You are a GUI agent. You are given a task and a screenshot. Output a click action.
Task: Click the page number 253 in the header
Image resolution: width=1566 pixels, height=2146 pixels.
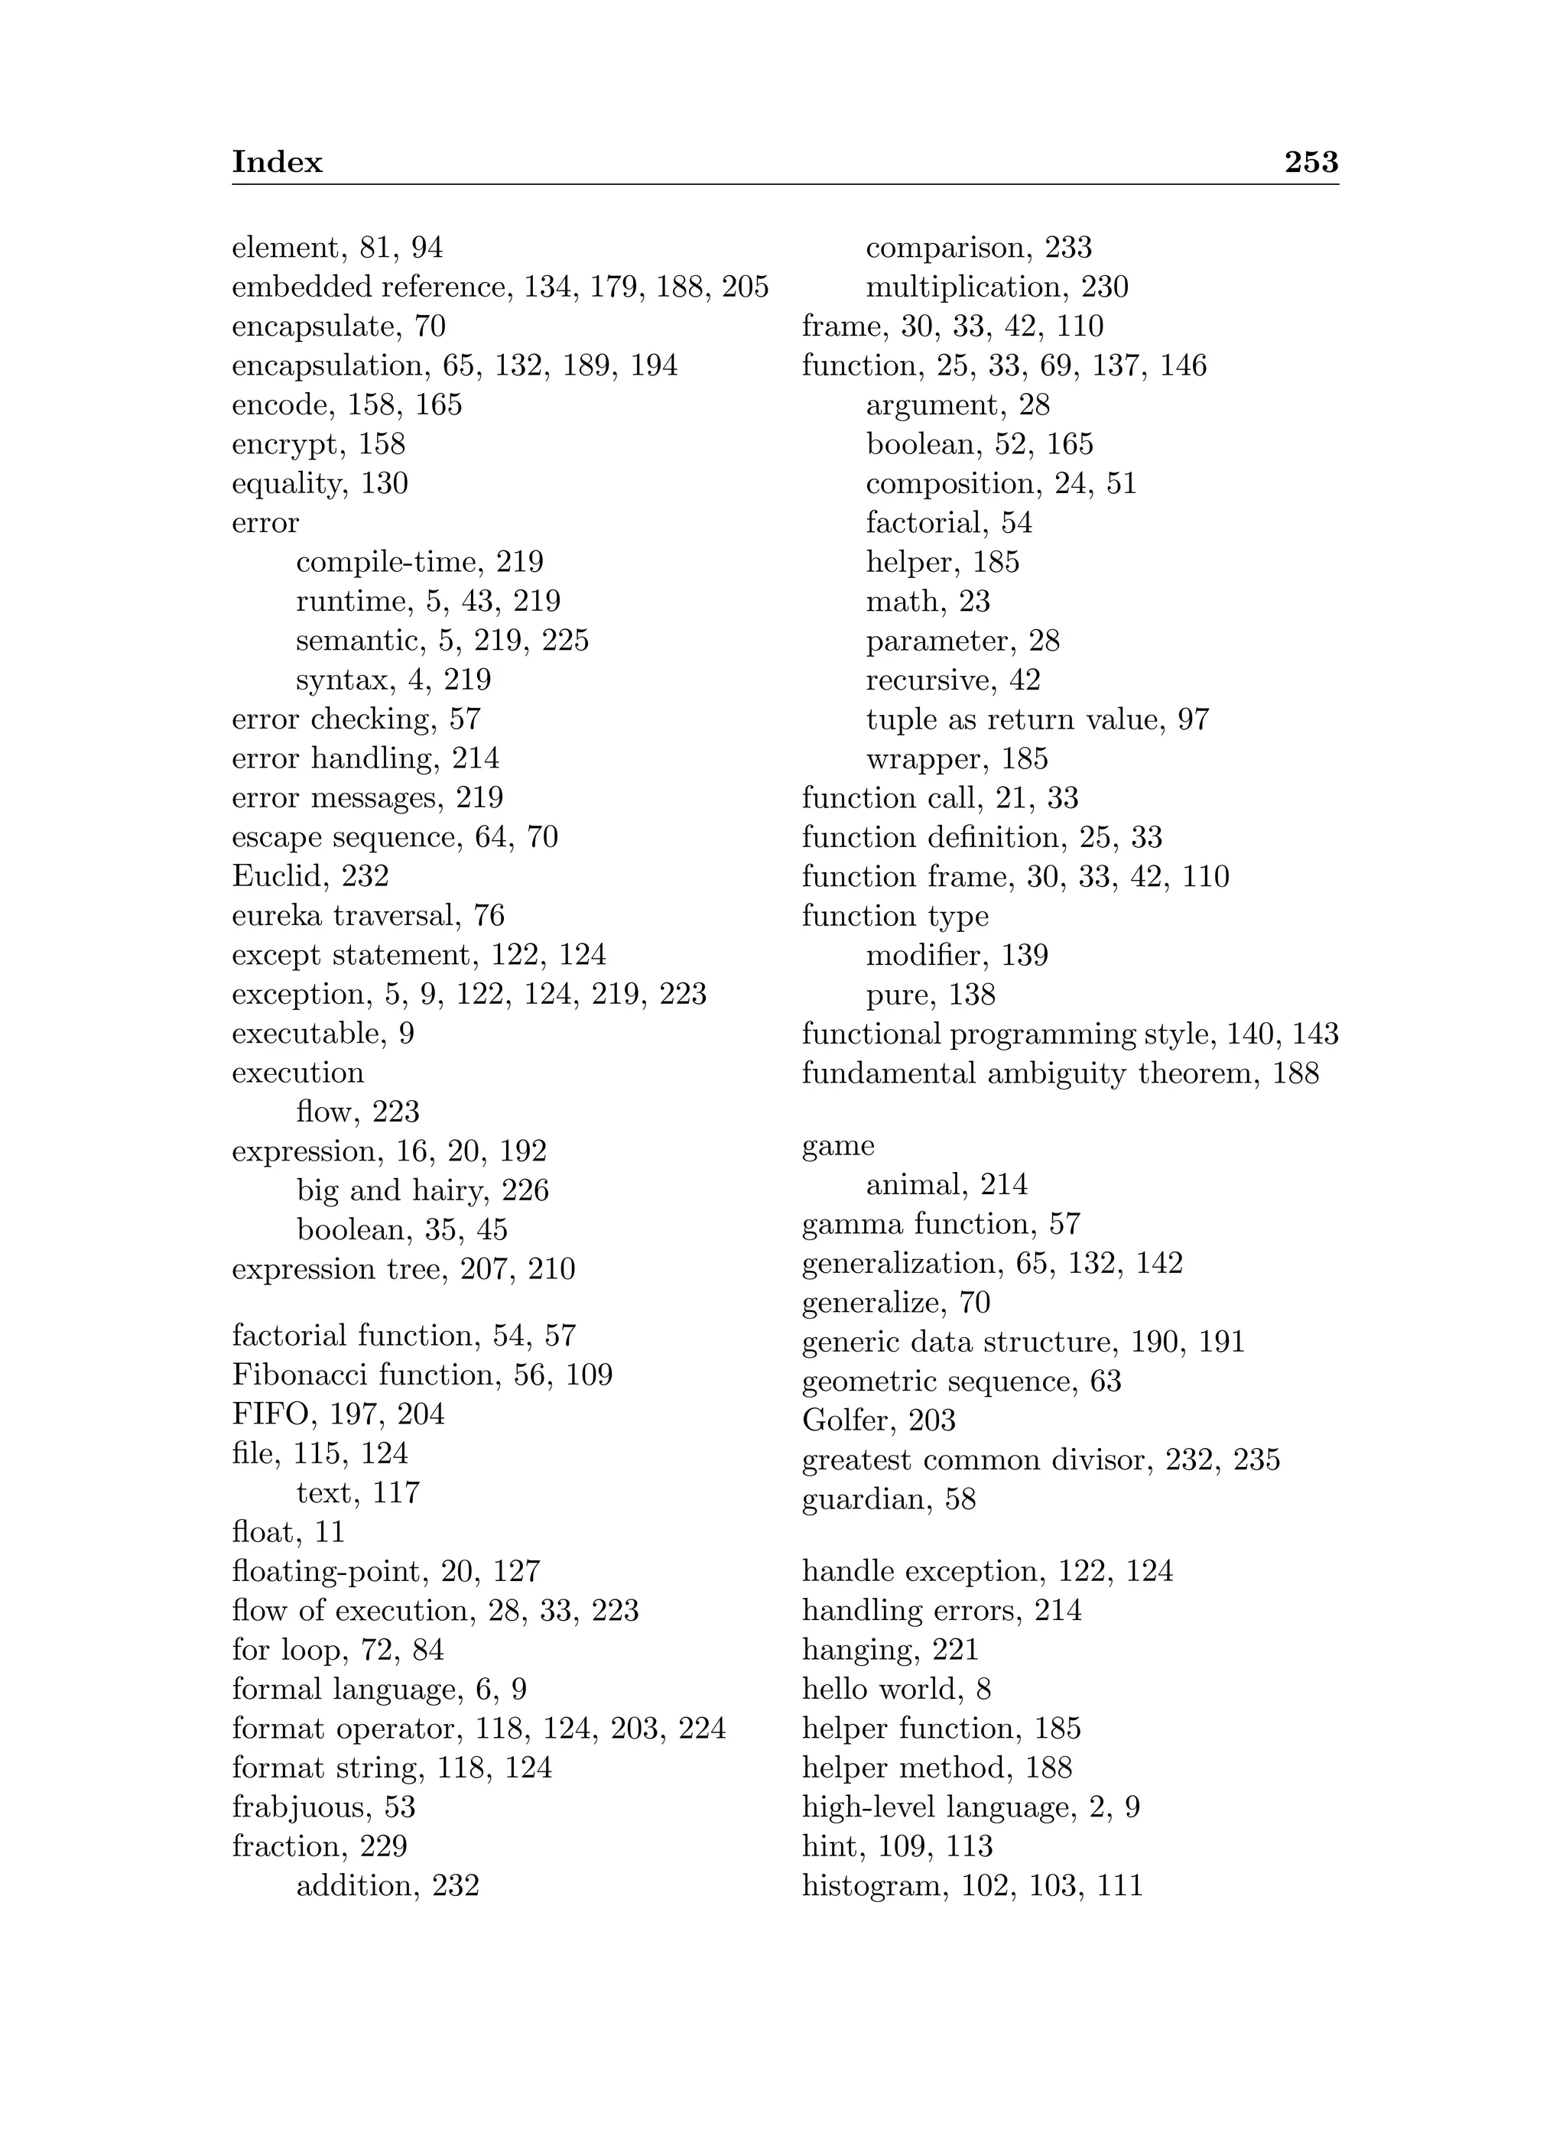[x=1311, y=162]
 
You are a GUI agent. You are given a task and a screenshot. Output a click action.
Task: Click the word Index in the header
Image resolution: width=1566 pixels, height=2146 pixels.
[x=277, y=162]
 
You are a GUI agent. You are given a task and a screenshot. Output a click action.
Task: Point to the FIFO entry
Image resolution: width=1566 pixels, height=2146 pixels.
[x=270, y=1414]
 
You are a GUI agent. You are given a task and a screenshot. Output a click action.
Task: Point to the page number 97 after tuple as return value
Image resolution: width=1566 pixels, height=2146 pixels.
[x=1193, y=719]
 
